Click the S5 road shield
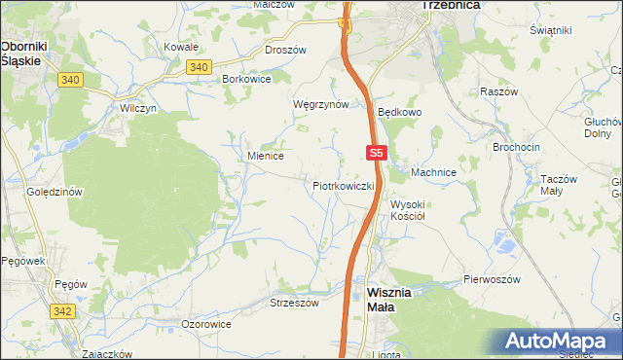[x=378, y=153]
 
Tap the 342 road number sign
[x=61, y=309]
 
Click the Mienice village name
[x=265, y=155]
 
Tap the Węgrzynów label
[x=320, y=104]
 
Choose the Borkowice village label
[x=246, y=78]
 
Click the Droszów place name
[x=285, y=50]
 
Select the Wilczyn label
[x=138, y=108]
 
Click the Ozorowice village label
[x=206, y=323]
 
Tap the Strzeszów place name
[x=294, y=303]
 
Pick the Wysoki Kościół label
[x=415, y=210]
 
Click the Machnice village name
[x=433, y=172]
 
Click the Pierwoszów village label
[x=493, y=279]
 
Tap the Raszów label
[x=496, y=91]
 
